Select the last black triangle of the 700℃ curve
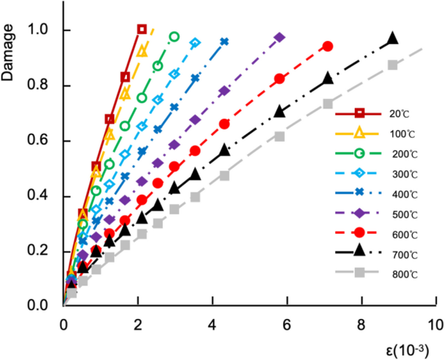click(x=392, y=39)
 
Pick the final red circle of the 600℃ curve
click(x=327, y=46)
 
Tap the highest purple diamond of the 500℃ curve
click(x=279, y=37)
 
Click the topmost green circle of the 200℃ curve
click(x=174, y=36)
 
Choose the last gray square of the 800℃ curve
click(x=392, y=64)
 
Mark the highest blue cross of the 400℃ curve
click(x=224, y=41)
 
